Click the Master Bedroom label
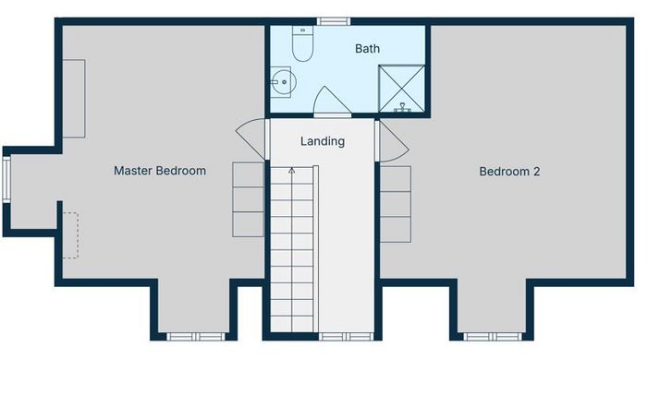click(x=160, y=171)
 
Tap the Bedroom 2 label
click(x=509, y=172)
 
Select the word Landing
click(x=323, y=141)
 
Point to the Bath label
click(x=367, y=49)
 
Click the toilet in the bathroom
click(x=302, y=43)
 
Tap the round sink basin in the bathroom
click(x=284, y=82)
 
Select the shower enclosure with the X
click(x=401, y=89)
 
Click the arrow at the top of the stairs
click(x=292, y=171)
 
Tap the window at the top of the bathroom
click(x=334, y=21)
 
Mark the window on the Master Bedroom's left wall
click(x=6, y=180)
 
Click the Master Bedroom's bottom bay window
click(x=196, y=337)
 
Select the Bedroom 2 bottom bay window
click(x=493, y=337)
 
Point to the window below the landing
click(x=346, y=337)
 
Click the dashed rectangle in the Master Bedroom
click(x=70, y=235)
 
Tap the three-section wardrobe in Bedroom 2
click(x=396, y=204)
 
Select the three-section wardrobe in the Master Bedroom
click(x=248, y=199)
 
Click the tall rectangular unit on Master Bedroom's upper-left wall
click(x=74, y=99)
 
